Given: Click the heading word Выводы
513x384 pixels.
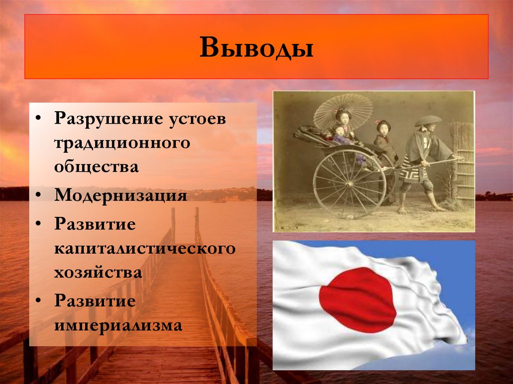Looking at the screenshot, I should (x=256, y=48).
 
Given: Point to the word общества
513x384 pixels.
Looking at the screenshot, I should (x=96, y=167).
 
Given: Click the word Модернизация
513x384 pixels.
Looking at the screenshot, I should (x=121, y=195).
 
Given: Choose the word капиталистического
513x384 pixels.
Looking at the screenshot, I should (x=145, y=248).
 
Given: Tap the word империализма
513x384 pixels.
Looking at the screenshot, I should (x=118, y=326).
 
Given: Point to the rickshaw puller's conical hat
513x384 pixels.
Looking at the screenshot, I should (x=428, y=121).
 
